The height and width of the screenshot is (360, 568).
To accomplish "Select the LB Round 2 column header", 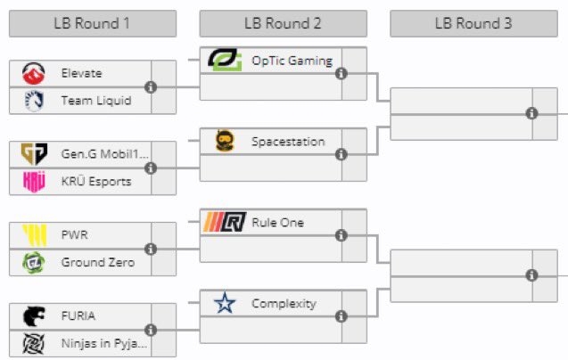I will click(283, 23).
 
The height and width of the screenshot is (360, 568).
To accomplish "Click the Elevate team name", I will click(82, 73).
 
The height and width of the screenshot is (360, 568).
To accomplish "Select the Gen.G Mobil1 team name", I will click(96, 153).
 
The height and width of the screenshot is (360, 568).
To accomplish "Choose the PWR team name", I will click(75, 234).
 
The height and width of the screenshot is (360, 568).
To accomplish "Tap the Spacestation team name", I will click(288, 141).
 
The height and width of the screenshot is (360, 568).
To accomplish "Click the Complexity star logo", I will click(225, 304).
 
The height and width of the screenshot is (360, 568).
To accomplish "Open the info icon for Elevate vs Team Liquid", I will click(150, 87).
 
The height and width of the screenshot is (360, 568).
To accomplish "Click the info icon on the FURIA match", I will click(150, 330).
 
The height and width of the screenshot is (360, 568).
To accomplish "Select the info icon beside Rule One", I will click(341, 236).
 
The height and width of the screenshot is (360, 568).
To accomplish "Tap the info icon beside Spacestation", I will click(341, 155).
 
